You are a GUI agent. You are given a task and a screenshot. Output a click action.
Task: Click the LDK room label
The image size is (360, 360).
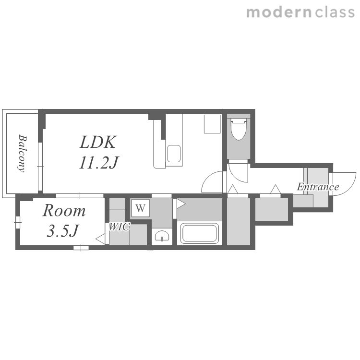pos(98,143)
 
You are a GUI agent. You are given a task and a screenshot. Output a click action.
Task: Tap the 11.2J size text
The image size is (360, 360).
pos(99,163)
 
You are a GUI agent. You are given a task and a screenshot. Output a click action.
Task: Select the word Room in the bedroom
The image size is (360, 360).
pos(64,211)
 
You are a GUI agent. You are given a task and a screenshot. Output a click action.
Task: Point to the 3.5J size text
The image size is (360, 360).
pos(63,231)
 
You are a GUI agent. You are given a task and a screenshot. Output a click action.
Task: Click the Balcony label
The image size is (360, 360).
pos(22,154)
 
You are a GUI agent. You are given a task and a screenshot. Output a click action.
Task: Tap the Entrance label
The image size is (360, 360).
pos(318,187)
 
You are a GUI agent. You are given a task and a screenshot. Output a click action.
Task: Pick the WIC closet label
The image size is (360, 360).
pos(119,227)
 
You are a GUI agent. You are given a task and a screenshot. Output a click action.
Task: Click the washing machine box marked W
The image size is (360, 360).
pos(141,208)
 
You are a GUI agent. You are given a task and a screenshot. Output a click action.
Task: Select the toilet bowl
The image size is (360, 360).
pos(239,129)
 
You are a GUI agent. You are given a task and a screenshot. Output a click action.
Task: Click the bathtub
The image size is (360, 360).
pos(200,233)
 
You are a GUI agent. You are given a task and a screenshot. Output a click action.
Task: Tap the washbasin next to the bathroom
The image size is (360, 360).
pos(162,236)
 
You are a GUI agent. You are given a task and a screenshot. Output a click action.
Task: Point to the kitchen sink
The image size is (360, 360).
pos(174,154)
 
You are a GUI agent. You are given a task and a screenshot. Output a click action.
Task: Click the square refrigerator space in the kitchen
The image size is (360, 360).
pos(212,124)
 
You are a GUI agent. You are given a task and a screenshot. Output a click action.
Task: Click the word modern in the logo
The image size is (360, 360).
pos(279,12)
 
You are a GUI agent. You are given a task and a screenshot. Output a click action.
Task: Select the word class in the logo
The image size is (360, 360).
pos(335,12)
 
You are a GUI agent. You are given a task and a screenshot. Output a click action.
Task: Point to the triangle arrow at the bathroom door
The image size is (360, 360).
pos(181,204)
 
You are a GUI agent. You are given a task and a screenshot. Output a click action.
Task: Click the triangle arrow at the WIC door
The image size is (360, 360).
pos(100,239)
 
